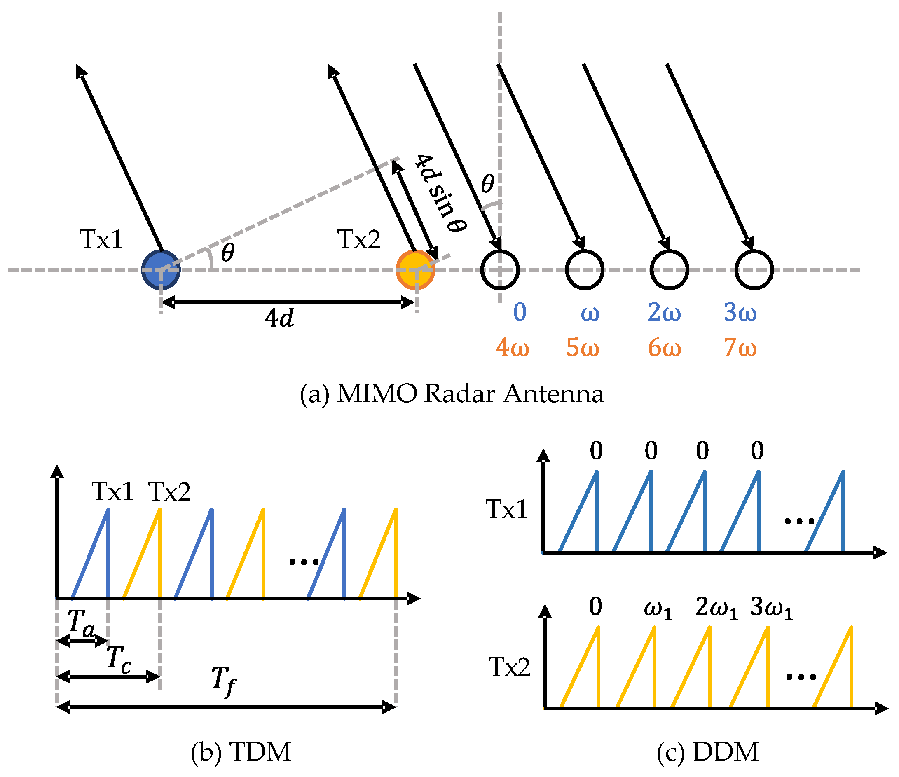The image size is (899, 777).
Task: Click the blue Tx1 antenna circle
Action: tap(161, 269)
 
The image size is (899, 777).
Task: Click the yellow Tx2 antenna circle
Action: tap(415, 269)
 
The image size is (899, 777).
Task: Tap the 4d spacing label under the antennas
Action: tap(279, 318)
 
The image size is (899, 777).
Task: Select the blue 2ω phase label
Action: tap(664, 312)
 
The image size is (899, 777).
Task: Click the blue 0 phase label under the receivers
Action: tap(520, 312)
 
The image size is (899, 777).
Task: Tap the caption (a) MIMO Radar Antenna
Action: tap(451, 393)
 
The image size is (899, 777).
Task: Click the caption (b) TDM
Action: tap(241, 752)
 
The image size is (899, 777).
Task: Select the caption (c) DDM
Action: tap(707, 752)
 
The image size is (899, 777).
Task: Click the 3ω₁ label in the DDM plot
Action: tap(771, 607)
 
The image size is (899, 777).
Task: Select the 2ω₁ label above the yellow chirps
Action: tap(716, 607)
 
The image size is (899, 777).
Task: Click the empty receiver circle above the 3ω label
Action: tap(754, 269)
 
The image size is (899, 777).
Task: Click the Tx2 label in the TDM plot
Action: tap(169, 491)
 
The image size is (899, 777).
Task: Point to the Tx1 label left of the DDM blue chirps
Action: tap(506, 509)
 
